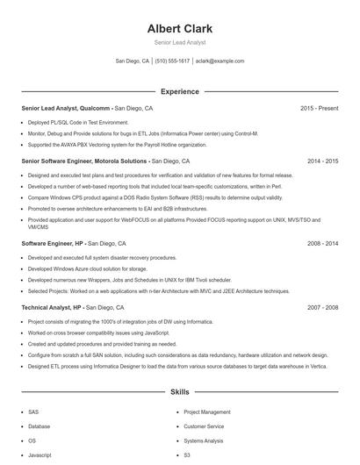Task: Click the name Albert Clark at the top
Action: (x=179, y=29)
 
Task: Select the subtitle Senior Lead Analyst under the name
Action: (x=179, y=42)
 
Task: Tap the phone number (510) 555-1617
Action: (x=172, y=61)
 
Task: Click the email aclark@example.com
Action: (x=220, y=61)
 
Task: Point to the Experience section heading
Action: (x=179, y=91)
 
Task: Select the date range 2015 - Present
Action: (x=319, y=108)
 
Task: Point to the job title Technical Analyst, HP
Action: (x=52, y=308)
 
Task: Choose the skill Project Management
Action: (x=207, y=411)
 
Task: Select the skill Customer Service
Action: (x=204, y=426)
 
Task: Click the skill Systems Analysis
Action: (x=204, y=440)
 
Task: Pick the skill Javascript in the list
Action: (x=40, y=455)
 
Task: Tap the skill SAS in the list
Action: (x=33, y=411)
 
